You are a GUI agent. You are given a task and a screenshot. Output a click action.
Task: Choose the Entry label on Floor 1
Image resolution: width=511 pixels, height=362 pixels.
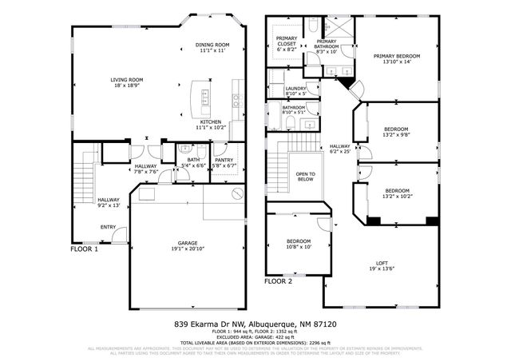107,227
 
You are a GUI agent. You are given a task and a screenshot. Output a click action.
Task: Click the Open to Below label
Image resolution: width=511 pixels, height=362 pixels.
305,177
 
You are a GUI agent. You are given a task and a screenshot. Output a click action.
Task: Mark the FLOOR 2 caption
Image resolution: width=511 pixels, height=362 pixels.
279,281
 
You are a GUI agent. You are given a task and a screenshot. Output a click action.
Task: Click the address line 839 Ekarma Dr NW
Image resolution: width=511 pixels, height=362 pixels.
255,324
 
